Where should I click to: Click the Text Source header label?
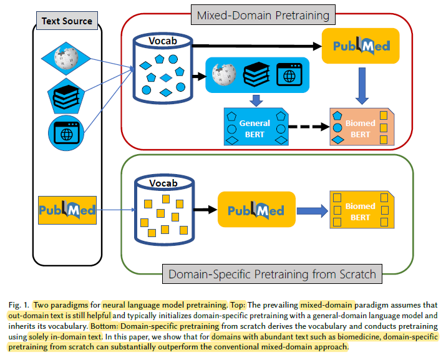point(67,21)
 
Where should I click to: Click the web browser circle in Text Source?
point(66,133)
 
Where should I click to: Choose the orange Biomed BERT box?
point(361,129)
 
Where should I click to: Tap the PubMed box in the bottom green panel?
point(256,210)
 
